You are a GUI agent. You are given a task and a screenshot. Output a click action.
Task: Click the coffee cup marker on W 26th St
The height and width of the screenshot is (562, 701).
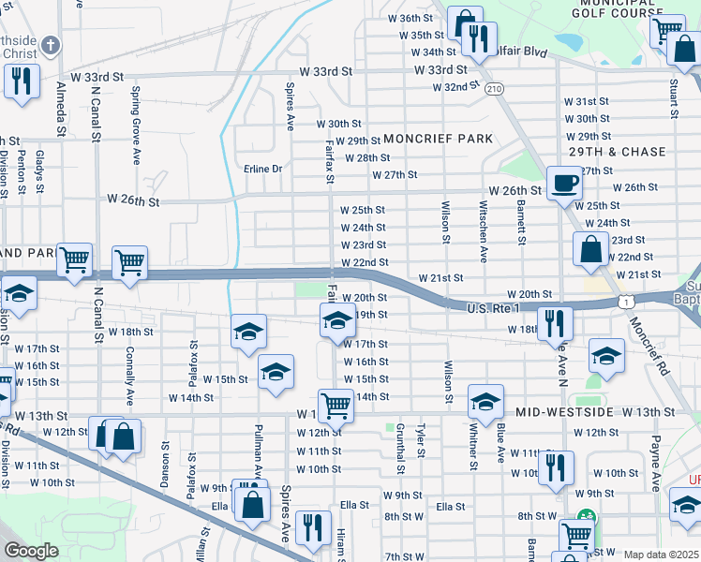[563, 183]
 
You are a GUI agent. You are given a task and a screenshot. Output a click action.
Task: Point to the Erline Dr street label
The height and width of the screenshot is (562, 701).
[262, 170]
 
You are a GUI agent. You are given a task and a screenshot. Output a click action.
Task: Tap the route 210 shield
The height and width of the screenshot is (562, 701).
[494, 88]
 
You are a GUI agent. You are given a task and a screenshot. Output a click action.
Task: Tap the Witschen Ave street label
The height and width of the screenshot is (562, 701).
[484, 230]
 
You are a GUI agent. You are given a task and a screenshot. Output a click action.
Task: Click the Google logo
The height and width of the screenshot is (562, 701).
[30, 551]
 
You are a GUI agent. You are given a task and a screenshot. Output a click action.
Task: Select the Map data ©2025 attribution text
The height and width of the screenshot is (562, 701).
[662, 555]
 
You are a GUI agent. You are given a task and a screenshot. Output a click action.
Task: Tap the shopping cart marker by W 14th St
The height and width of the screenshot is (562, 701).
[336, 406]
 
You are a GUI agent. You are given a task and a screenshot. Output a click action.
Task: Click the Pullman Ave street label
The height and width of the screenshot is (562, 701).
[258, 454]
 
